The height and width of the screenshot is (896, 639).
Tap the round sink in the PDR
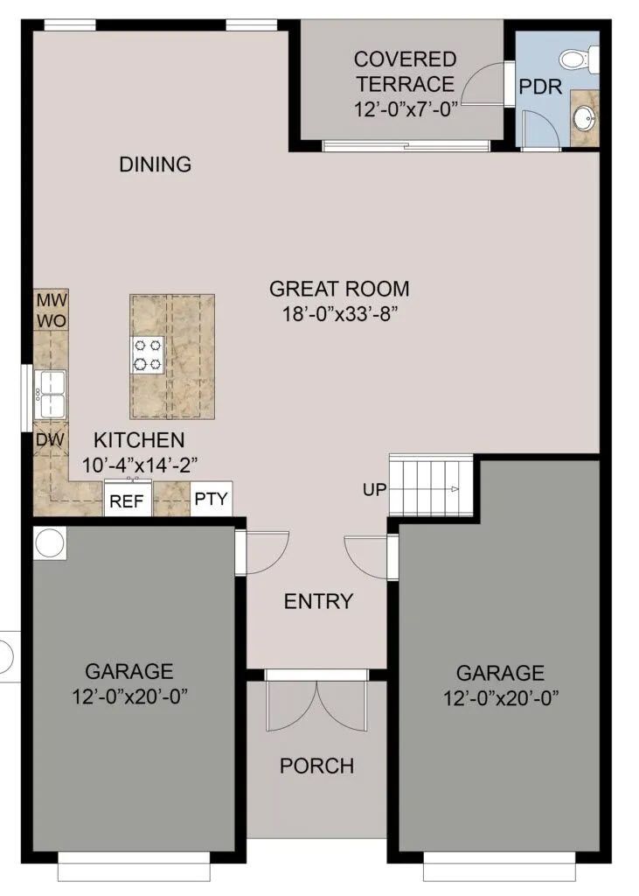click(x=584, y=118)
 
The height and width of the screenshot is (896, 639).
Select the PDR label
click(x=540, y=87)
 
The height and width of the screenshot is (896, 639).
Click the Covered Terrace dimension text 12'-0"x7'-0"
click(x=406, y=108)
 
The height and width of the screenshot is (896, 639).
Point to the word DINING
click(x=155, y=164)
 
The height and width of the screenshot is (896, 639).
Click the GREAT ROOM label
click(x=339, y=289)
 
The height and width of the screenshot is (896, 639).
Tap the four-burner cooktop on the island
click(x=148, y=355)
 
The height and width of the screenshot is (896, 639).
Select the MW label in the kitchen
click(x=52, y=300)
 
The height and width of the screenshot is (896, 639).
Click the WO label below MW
click(x=52, y=321)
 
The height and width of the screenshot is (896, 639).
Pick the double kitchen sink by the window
click(x=50, y=395)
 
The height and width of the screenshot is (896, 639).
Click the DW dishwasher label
click(x=50, y=439)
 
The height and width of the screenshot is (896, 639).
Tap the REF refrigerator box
click(x=128, y=500)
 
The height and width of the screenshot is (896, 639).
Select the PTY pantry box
click(x=211, y=499)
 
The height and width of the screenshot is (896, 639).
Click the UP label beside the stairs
click(x=375, y=490)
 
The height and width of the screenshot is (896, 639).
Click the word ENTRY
click(x=319, y=601)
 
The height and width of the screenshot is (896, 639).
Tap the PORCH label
click(x=317, y=766)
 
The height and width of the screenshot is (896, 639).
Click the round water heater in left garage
click(x=50, y=542)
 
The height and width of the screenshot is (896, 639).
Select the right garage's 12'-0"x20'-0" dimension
click(x=501, y=698)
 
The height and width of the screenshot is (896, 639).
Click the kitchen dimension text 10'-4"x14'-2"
click(x=140, y=465)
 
